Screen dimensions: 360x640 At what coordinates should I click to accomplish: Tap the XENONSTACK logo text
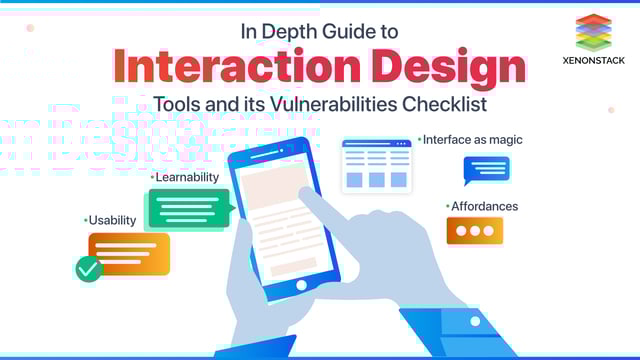tap(594, 61)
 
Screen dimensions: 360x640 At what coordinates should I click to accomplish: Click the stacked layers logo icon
tap(593, 31)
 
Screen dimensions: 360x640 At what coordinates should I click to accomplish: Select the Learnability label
tap(186, 177)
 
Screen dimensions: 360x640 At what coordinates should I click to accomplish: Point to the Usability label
tap(111, 220)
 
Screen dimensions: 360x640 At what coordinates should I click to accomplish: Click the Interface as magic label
tap(472, 140)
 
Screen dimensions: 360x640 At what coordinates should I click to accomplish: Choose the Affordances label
tap(483, 206)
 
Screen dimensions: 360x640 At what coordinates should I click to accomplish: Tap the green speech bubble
tap(188, 208)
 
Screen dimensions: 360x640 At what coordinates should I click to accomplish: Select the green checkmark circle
tap(89, 268)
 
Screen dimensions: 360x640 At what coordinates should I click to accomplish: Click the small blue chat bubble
tap(486, 169)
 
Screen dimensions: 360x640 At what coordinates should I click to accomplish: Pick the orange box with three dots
tap(474, 230)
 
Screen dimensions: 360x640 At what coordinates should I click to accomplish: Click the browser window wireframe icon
tap(376, 165)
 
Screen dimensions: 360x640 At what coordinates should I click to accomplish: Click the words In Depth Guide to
tap(319, 31)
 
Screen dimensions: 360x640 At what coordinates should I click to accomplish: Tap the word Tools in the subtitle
tap(175, 103)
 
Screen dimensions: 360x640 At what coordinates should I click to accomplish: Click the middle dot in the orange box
tap(474, 230)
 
